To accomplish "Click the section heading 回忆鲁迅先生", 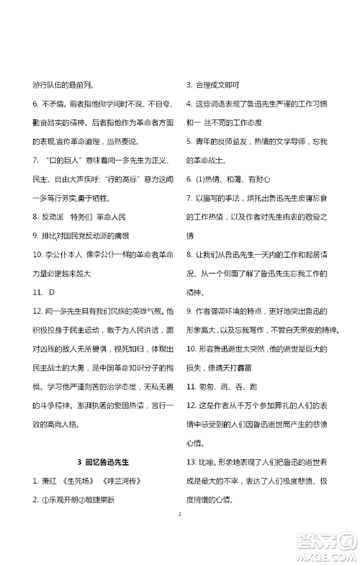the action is coord(111,461).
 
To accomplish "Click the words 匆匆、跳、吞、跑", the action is coord(226,386).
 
